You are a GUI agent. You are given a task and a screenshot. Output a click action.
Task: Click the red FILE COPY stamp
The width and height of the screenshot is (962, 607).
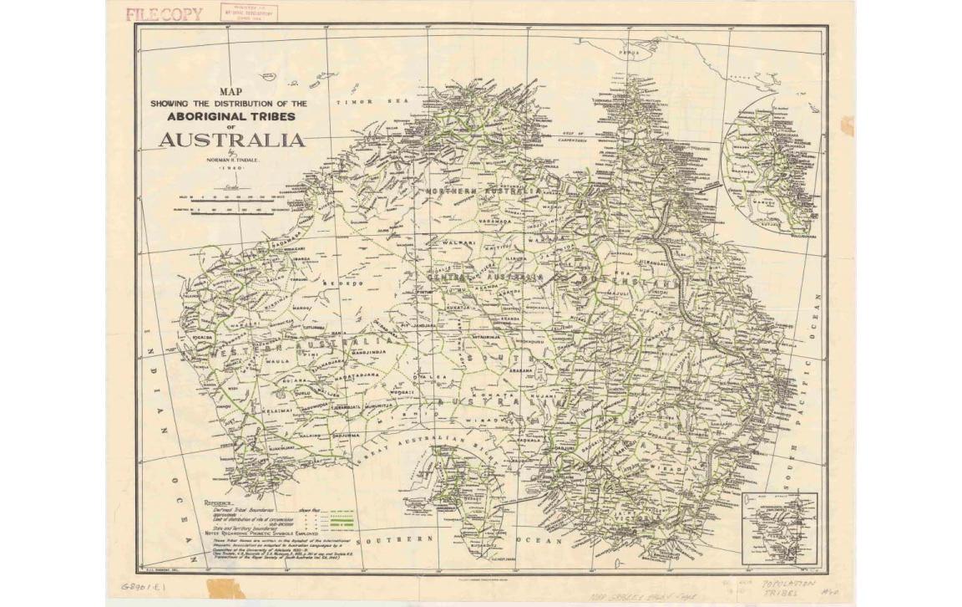(x=164, y=13)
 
